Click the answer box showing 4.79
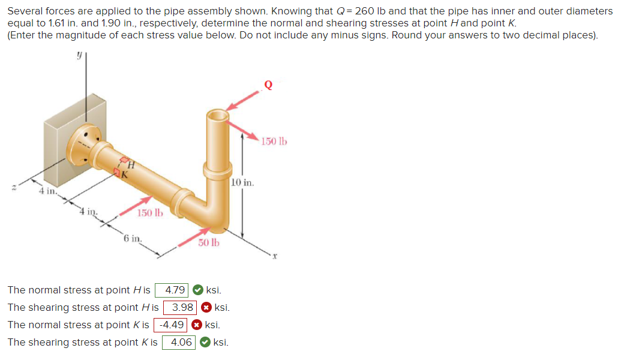172,290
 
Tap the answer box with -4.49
171,325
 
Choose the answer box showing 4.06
179,343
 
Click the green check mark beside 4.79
197,290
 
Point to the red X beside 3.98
206,308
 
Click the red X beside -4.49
196,325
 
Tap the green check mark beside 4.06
205,343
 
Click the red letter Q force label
268,85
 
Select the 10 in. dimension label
243,182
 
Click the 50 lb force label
209,243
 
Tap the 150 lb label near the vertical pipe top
274,142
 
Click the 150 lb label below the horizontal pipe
150,213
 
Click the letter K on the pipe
124,175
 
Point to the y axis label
79,55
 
